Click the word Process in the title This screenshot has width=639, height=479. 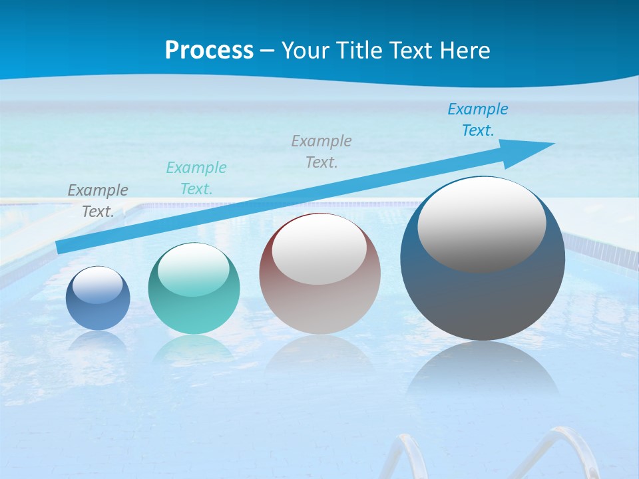209,51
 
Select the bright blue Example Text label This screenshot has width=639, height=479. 477,120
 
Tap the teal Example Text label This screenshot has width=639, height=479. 196,178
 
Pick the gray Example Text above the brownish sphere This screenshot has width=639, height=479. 321,152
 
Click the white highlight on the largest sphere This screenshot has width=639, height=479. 481,223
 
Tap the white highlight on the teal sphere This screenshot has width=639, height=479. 193,269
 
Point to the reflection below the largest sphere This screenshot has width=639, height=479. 483,373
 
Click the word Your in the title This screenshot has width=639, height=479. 304,51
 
